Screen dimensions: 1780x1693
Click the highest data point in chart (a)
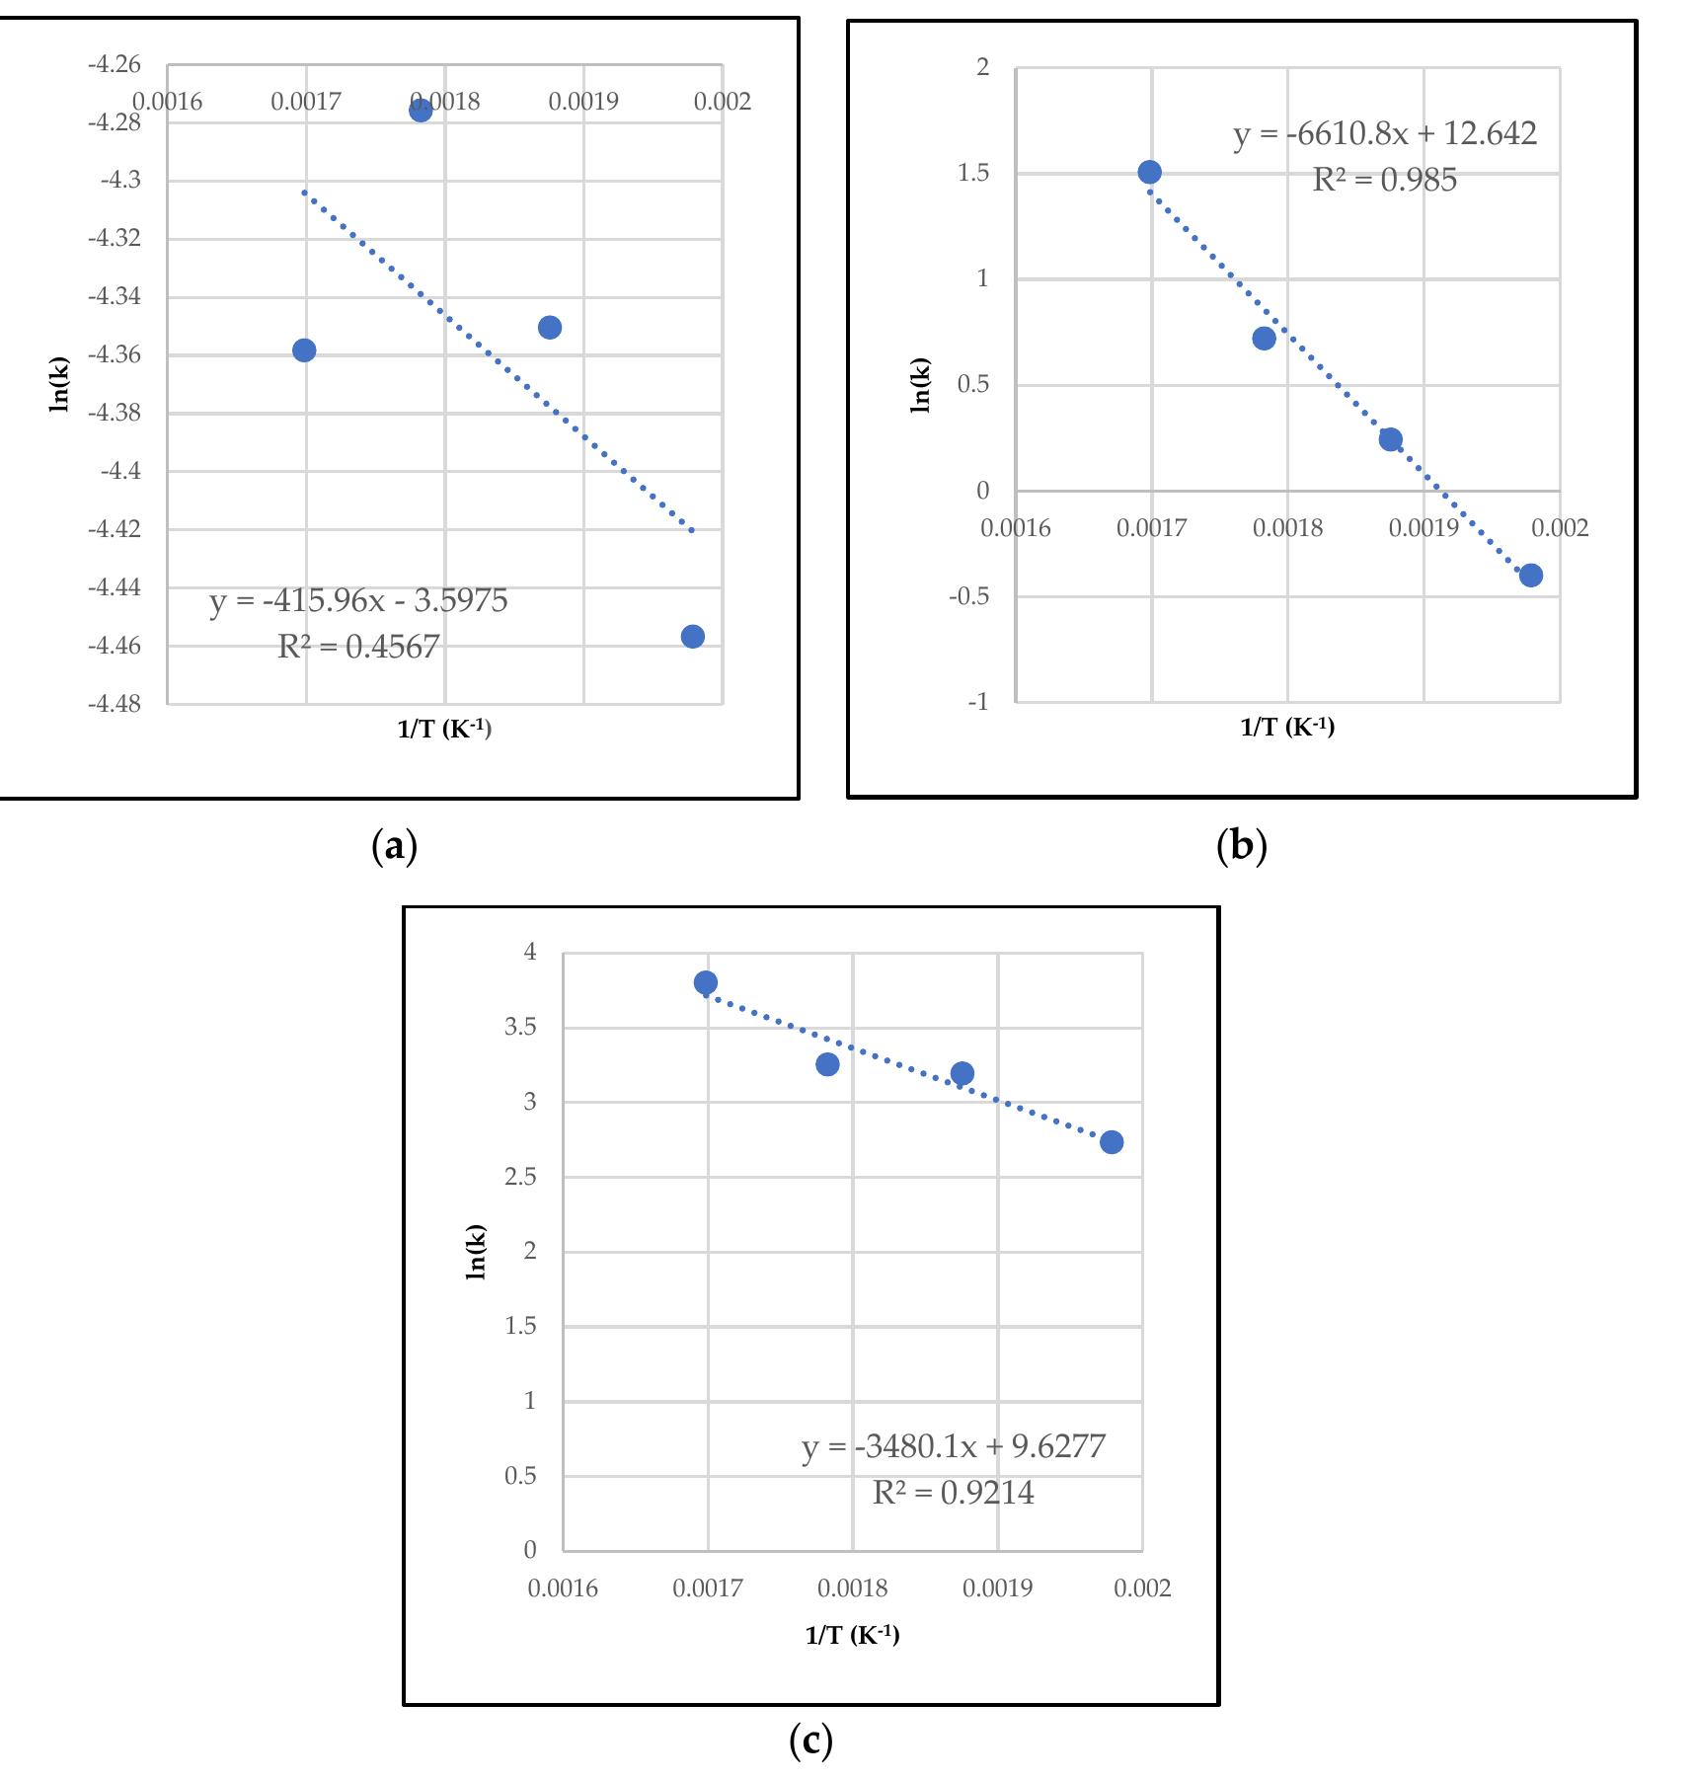tap(421, 110)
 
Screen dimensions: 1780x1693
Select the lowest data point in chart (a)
tap(693, 637)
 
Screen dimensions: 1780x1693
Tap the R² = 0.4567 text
tap(358, 647)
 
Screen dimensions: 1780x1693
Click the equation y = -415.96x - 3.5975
tap(358, 600)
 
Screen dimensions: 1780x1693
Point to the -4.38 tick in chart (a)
tap(115, 414)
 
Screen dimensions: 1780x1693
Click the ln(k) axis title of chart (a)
tap(60, 384)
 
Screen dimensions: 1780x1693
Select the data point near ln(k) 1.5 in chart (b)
tap(1149, 172)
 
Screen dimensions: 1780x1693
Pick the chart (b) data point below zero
tap(1531, 576)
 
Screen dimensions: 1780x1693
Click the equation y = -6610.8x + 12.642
tap(1385, 133)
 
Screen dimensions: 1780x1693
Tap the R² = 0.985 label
tap(1384, 180)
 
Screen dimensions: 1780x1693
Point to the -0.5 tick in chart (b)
tap(968, 597)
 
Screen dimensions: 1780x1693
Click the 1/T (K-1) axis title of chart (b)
tap(1287, 728)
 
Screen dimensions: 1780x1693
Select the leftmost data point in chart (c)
tap(706, 982)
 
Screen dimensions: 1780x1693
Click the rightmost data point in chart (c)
tap(1112, 1142)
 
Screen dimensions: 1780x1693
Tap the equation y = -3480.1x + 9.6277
tap(954, 1446)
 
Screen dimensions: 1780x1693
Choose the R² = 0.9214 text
tap(954, 1492)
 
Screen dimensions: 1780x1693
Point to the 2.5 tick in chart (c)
tap(520, 1177)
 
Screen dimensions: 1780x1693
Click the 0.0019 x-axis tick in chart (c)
tap(997, 1588)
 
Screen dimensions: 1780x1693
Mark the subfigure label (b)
tap(1242, 846)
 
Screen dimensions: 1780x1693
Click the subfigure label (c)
tap(811, 1741)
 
